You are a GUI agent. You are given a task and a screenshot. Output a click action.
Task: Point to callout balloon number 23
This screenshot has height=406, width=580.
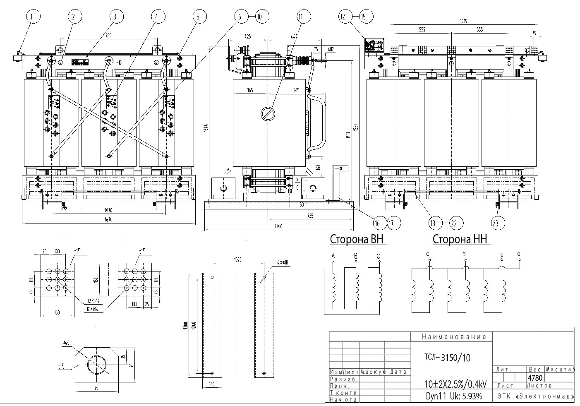click(498, 223)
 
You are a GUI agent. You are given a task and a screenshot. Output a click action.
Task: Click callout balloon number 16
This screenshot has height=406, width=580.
click(377, 223)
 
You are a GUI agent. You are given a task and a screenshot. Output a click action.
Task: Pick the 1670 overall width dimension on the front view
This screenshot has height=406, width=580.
click(108, 220)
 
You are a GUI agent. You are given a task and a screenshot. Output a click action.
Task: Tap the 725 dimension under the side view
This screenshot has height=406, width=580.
click(310, 216)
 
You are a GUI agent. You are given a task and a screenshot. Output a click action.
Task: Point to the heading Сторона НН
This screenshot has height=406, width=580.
click(460, 240)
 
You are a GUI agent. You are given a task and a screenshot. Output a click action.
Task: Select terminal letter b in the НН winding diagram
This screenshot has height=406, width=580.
click(465, 254)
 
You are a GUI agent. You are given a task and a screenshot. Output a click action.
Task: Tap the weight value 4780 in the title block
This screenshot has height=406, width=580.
click(535, 377)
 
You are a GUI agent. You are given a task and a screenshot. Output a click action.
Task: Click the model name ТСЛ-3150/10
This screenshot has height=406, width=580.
click(448, 358)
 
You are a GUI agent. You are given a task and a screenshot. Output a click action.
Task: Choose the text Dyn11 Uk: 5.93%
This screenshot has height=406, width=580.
click(454, 396)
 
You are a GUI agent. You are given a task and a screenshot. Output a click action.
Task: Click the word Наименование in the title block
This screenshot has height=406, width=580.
click(454, 337)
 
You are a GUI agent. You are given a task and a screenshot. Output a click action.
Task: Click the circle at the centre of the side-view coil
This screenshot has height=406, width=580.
click(267, 113)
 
